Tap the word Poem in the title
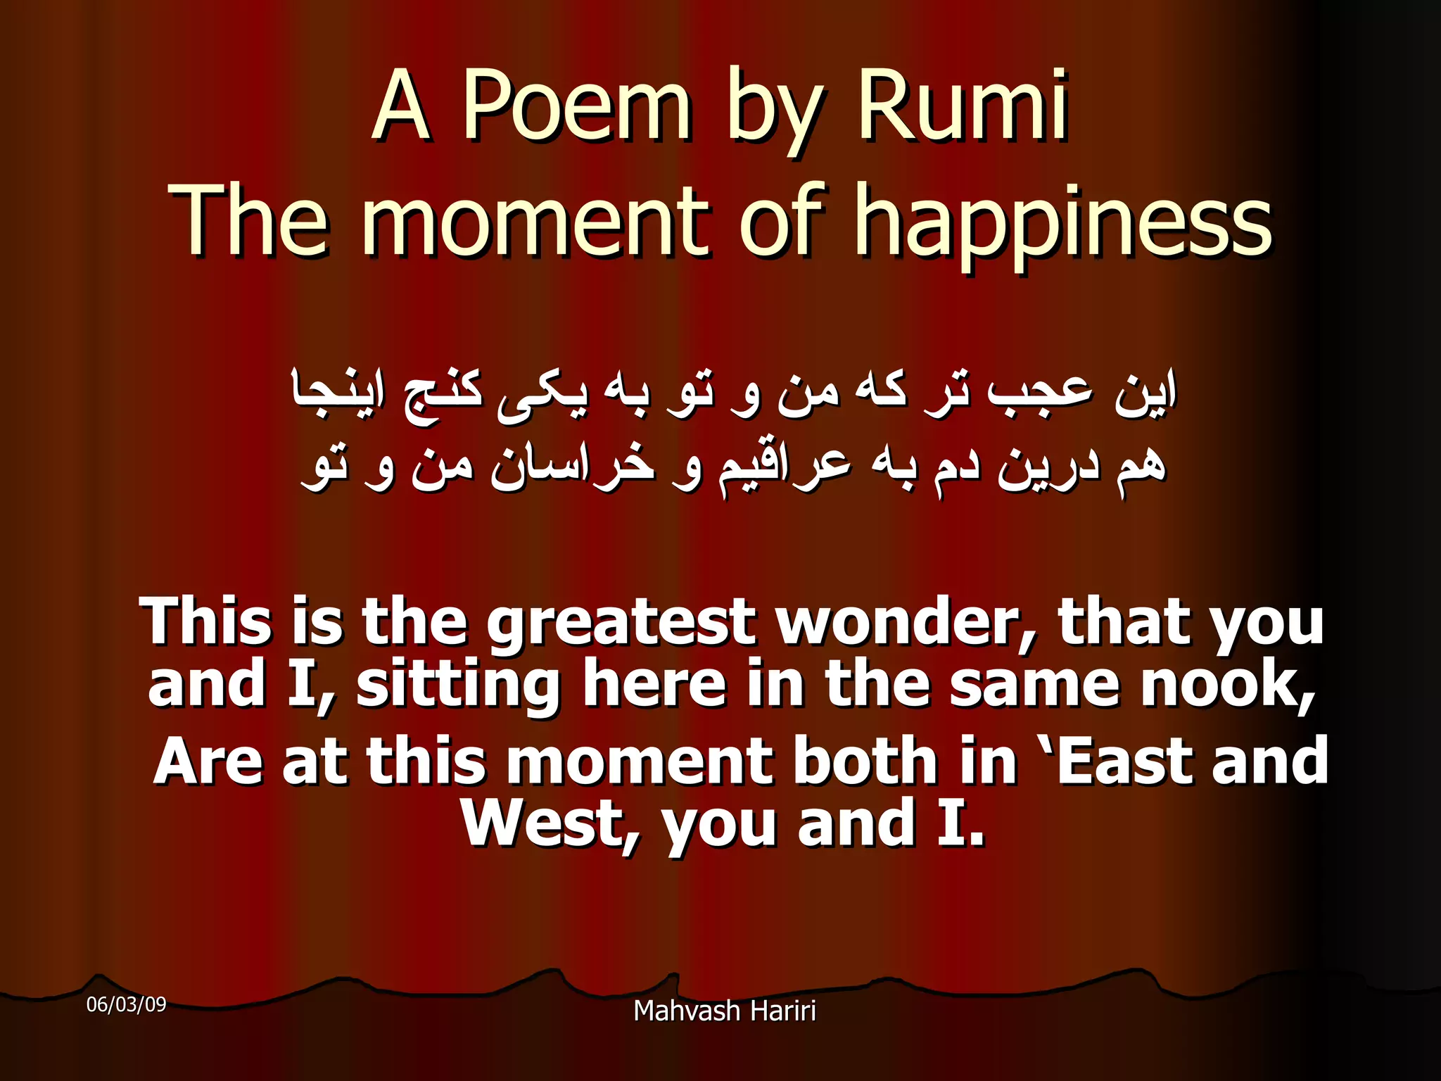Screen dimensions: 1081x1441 pyautogui.click(x=576, y=108)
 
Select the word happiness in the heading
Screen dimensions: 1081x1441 pyautogui.click(x=1062, y=222)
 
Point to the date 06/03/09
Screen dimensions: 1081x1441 pyautogui.click(x=126, y=1004)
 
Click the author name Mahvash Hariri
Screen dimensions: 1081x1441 pyautogui.click(x=725, y=1011)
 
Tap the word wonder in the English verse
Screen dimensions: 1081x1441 pyautogui.click(x=907, y=622)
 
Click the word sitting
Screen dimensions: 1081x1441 pyautogui.click(x=458, y=685)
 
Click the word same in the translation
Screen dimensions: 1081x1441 pyautogui.click(x=1034, y=685)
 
